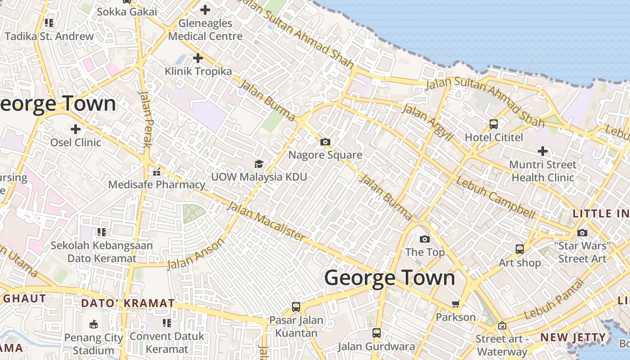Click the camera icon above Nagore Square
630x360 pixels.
[325, 142]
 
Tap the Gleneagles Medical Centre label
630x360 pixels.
[205, 30]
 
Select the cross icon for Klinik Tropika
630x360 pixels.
[198, 58]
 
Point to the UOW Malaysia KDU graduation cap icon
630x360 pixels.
[259, 164]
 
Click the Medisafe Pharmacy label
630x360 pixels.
[157, 184]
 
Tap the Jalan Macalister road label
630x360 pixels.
[265, 221]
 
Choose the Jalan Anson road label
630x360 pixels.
[196, 254]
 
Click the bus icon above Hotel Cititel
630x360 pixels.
[494, 124]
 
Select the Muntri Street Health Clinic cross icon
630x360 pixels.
[543, 151]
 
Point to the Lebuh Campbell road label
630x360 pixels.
[495, 198]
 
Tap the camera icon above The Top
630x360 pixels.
[424, 239]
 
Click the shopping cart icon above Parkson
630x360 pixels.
[455, 304]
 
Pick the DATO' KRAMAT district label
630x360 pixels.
[128, 303]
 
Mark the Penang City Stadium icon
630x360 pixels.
[94, 324]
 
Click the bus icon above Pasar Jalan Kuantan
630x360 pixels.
[296, 307]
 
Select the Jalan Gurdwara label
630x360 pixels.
[376, 346]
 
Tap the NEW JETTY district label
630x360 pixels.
[573, 337]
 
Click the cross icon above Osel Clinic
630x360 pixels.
[76, 130]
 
